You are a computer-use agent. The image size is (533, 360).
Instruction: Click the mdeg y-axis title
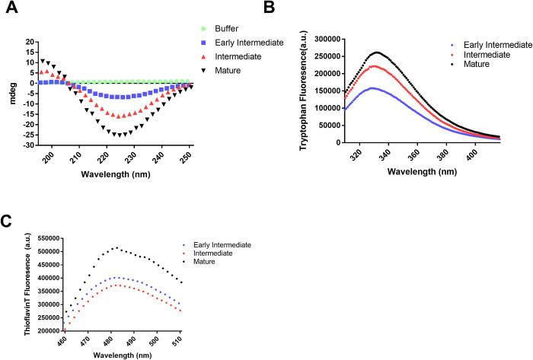[x=7, y=88]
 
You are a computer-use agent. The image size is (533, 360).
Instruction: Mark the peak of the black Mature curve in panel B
[x=397, y=53]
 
